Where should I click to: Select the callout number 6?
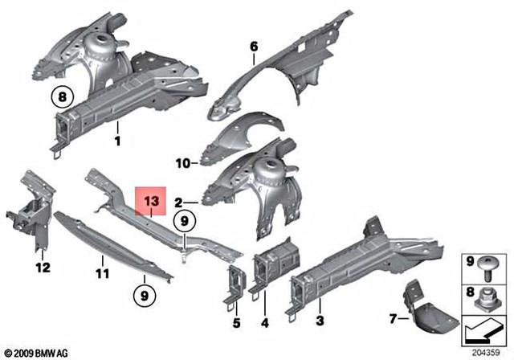pyautogui.click(x=254, y=47)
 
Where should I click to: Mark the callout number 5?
pyautogui.click(x=236, y=324)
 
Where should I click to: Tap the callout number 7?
pyautogui.click(x=392, y=318)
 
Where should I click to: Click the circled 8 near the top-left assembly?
pyautogui.click(x=61, y=98)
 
